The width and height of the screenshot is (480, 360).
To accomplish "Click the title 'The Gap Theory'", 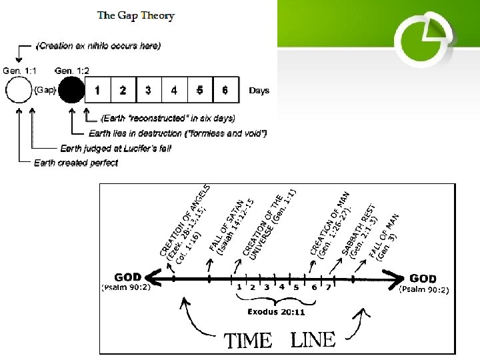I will [x=136, y=15].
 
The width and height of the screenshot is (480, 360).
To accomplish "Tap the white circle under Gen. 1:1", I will [x=18, y=89].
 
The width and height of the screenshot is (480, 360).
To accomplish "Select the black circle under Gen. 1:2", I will [x=71, y=89].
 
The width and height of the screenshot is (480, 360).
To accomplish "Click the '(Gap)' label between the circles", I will [x=45, y=90].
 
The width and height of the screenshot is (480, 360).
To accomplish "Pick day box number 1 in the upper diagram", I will [x=98, y=89].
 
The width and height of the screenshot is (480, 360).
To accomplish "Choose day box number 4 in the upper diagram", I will [x=174, y=89].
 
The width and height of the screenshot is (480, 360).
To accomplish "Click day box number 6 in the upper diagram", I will [x=225, y=89].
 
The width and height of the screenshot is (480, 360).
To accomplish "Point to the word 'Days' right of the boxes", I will [x=259, y=90].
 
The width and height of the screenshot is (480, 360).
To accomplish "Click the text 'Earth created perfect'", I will [x=76, y=163].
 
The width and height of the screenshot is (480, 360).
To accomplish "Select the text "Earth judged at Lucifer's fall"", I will [x=116, y=148].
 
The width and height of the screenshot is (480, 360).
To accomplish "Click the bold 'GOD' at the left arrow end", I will [x=128, y=277].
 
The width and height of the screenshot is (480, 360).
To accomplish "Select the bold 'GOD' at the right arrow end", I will [x=423, y=278].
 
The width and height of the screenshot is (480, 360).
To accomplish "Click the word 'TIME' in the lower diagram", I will [x=248, y=341].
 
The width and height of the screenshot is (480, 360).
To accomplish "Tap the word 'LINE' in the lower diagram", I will [x=313, y=340].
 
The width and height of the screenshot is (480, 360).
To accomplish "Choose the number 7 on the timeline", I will [x=327, y=287].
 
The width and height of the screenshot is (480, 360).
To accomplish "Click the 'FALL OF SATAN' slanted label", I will [x=230, y=225].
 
